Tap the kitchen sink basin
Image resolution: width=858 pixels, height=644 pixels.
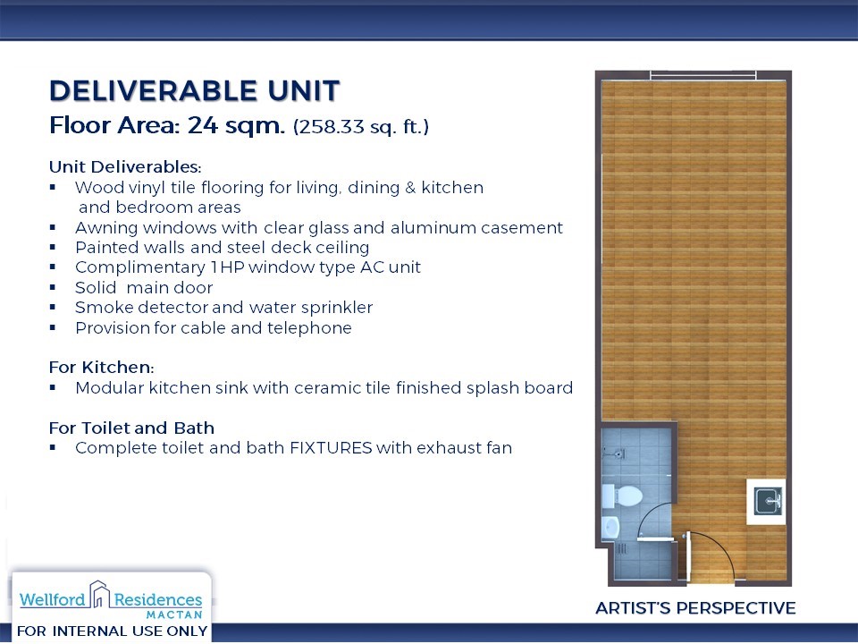(x=769, y=502)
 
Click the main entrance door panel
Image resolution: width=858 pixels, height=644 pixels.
(x=688, y=556)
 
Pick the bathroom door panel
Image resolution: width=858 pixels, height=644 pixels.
(x=655, y=539)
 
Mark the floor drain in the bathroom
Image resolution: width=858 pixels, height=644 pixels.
(x=622, y=548)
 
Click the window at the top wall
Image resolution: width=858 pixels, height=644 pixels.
(x=703, y=75)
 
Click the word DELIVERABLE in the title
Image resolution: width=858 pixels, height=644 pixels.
(x=154, y=91)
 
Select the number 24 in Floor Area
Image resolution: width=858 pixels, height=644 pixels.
(x=203, y=125)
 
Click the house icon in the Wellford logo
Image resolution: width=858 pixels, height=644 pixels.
(x=99, y=594)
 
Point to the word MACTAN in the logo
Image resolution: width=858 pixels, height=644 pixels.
(x=174, y=615)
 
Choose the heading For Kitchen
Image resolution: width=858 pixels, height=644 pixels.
(x=101, y=367)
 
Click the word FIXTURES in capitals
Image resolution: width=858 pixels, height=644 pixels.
(x=331, y=448)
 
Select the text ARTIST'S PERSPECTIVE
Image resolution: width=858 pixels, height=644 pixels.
(x=695, y=608)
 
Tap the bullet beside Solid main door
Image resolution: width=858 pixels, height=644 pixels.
(x=53, y=287)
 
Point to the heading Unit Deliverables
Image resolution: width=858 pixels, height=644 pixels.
(x=125, y=166)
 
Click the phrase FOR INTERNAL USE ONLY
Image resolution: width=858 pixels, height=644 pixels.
(x=113, y=631)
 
